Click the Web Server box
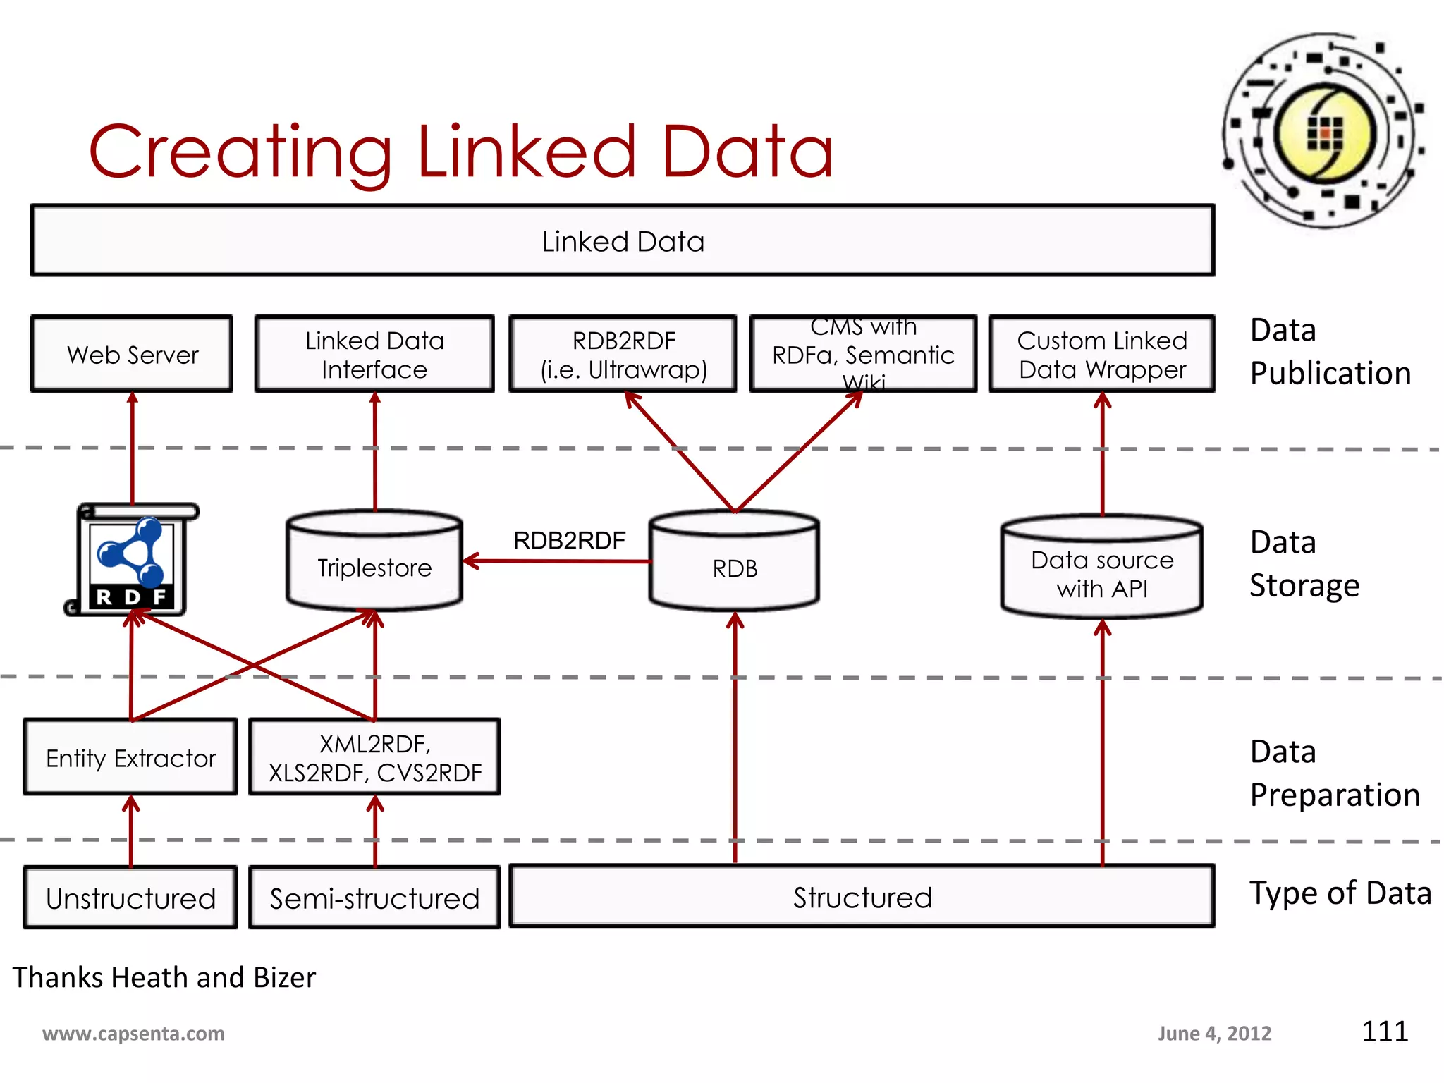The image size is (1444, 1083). pyautogui.click(x=132, y=354)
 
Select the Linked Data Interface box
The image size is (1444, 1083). pyautogui.click(x=374, y=354)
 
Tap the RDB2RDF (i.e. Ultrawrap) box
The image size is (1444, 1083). pyautogui.click(x=623, y=354)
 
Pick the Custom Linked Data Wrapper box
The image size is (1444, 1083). pyautogui.click(x=1101, y=354)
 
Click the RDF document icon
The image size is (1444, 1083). pyautogui.click(x=132, y=561)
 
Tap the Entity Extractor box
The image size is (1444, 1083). pyautogui.click(x=130, y=757)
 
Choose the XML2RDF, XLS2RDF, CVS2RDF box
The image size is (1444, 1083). pyautogui.click(x=374, y=757)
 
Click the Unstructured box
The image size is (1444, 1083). pyautogui.click(x=130, y=898)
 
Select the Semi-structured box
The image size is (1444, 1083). pyautogui.click(x=374, y=898)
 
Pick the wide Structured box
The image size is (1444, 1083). pyautogui.click(x=862, y=897)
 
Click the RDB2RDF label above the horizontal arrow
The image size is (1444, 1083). pyautogui.click(x=569, y=540)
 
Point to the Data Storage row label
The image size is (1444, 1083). pyautogui.click(x=1304, y=563)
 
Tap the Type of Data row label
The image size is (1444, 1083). pyautogui.click(x=1340, y=893)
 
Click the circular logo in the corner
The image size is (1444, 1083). pyautogui.click(x=1323, y=131)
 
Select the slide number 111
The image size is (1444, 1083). pyautogui.click(x=1384, y=1031)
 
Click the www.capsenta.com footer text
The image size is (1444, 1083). pyautogui.click(x=133, y=1034)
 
